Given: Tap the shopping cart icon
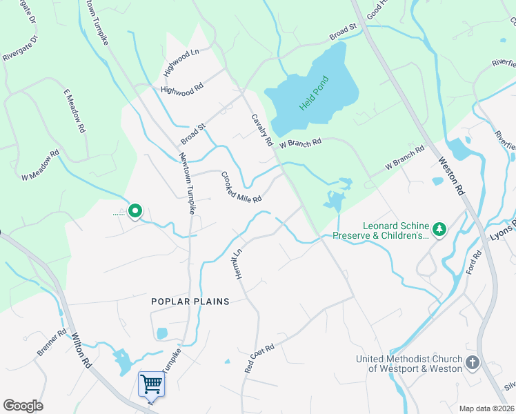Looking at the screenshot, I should point(151,384).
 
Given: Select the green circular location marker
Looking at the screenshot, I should point(136,210).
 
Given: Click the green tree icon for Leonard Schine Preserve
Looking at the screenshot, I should point(438,228).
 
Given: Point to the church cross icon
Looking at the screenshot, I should point(473,362).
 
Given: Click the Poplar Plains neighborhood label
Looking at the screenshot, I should point(190,302).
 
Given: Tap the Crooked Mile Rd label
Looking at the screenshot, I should point(241,187).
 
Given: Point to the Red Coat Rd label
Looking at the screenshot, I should point(260,359).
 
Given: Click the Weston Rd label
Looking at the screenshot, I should point(451,175).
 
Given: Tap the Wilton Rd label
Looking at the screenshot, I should point(81,351).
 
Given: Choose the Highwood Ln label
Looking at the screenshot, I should point(181,63).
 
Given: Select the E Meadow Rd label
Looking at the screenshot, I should point(75,110).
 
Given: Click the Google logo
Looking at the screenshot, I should point(23,405).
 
